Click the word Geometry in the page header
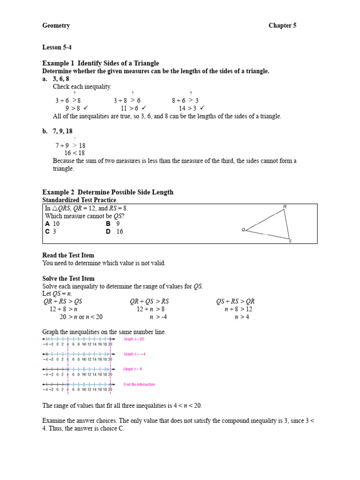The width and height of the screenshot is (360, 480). tap(56, 26)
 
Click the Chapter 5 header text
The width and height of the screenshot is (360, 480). tap(282, 26)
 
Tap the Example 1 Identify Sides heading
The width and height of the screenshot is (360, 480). tap(100, 63)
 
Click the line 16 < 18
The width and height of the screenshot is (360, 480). tap(75, 153)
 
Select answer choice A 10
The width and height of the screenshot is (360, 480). tap(52, 224)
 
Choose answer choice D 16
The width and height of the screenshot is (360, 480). tap(115, 232)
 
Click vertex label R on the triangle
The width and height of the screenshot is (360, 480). tap(285, 207)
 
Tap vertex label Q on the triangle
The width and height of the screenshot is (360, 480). tap(243, 230)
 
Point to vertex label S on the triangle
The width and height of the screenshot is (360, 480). tap(290, 241)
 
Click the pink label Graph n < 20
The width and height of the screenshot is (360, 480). tap(134, 339)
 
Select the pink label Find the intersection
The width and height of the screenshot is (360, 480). tap(139, 384)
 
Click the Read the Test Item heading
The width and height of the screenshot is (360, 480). tap(68, 255)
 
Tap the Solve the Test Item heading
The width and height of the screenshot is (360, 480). tap(69, 278)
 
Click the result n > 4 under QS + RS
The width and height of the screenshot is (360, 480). tap(242, 317)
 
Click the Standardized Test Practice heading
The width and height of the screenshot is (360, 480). tap(79, 200)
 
